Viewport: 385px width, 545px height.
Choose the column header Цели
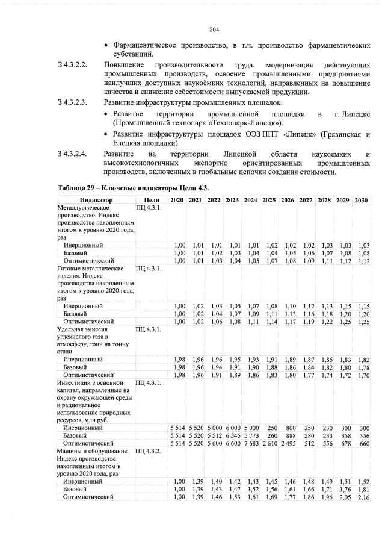pos(151,199)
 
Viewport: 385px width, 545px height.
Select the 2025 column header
pos(269,199)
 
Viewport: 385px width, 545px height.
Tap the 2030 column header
pos(361,199)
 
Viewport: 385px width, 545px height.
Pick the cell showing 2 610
pos(269,444)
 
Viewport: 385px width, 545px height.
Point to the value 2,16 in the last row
pos(363,497)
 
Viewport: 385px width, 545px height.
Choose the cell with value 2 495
pos(288,444)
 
